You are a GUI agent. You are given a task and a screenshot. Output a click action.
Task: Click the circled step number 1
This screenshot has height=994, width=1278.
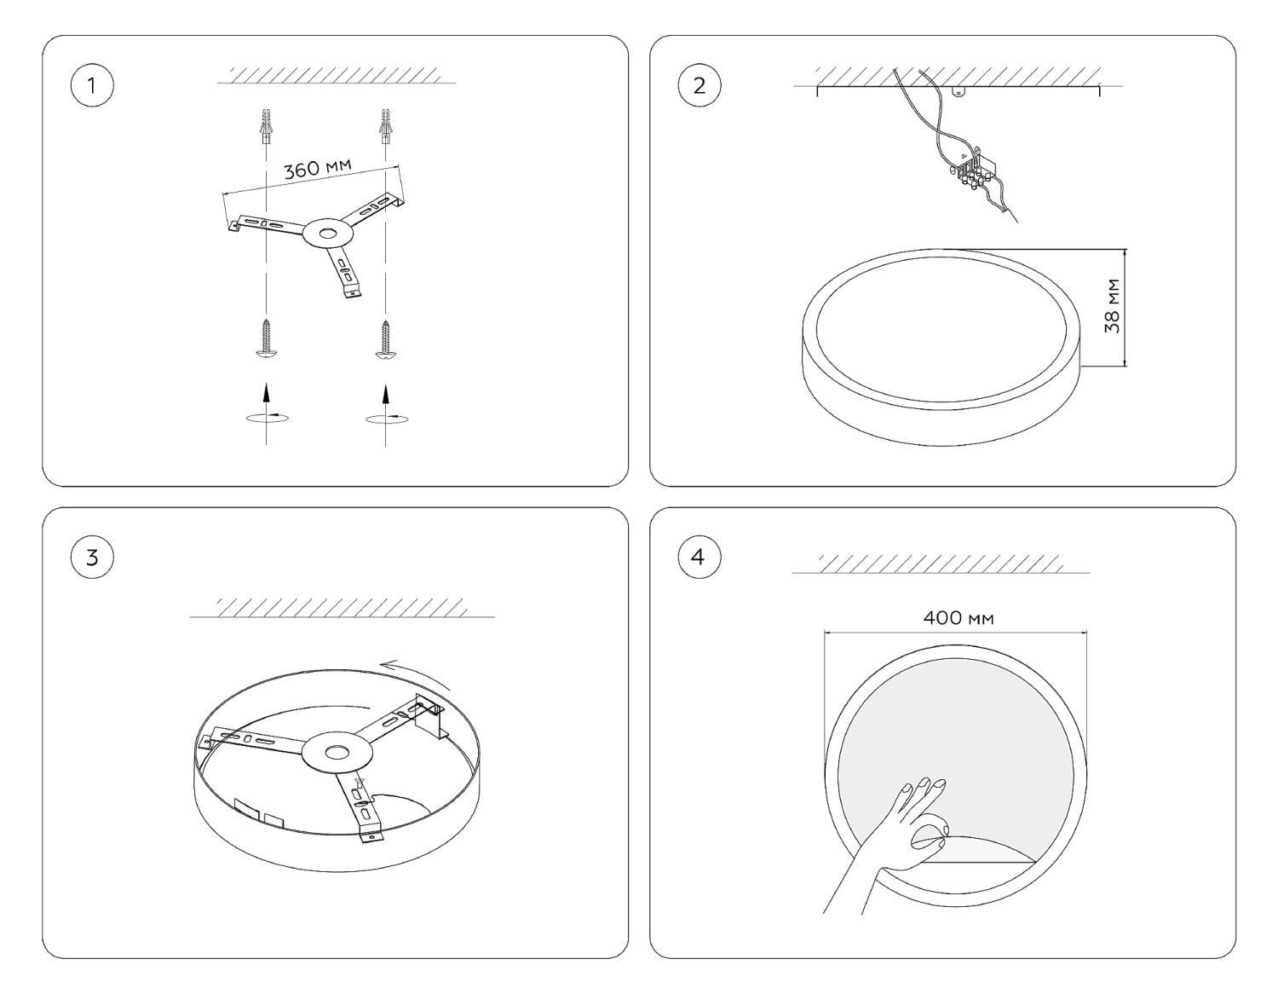(x=92, y=85)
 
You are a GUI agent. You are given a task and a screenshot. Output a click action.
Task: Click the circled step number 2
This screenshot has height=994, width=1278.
(x=699, y=85)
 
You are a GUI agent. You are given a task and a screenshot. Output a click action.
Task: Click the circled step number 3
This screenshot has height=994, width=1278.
(x=92, y=557)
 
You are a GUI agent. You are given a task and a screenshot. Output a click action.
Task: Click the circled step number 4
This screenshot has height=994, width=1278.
(x=699, y=557)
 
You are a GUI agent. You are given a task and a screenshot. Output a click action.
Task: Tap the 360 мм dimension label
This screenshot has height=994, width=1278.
(x=318, y=168)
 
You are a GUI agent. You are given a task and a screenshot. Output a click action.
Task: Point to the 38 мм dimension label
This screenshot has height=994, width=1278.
(x=1112, y=306)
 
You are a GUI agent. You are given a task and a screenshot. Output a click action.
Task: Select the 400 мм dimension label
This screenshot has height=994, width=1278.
(x=958, y=618)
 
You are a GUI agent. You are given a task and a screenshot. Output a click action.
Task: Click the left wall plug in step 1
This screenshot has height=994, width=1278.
(x=267, y=127)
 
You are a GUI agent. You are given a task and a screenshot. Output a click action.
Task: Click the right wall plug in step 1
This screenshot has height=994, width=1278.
(x=385, y=127)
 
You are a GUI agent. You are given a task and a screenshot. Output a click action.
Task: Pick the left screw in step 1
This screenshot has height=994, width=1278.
(x=267, y=338)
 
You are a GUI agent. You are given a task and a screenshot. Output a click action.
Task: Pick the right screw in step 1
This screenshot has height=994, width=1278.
(x=385, y=338)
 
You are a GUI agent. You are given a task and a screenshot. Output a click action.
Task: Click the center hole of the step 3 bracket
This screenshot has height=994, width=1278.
(x=337, y=752)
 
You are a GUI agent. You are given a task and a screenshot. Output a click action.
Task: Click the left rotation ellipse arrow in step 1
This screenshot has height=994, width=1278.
(x=268, y=418)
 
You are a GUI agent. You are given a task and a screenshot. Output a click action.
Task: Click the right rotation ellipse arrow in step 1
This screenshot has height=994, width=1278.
(x=387, y=419)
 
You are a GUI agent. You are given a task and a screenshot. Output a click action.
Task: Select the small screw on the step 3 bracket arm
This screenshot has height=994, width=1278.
(x=360, y=783)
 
